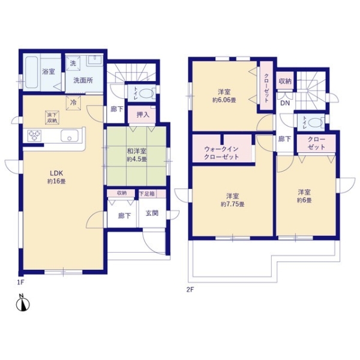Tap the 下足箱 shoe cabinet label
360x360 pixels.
pyautogui.click(x=148, y=194)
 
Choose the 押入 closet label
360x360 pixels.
pyautogui.click(x=143, y=115)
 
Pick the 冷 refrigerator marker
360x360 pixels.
pyautogui.click(x=73, y=103)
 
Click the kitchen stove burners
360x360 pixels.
pyautogui.click(x=34, y=137)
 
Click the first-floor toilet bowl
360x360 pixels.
pyautogui.click(x=150, y=94)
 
